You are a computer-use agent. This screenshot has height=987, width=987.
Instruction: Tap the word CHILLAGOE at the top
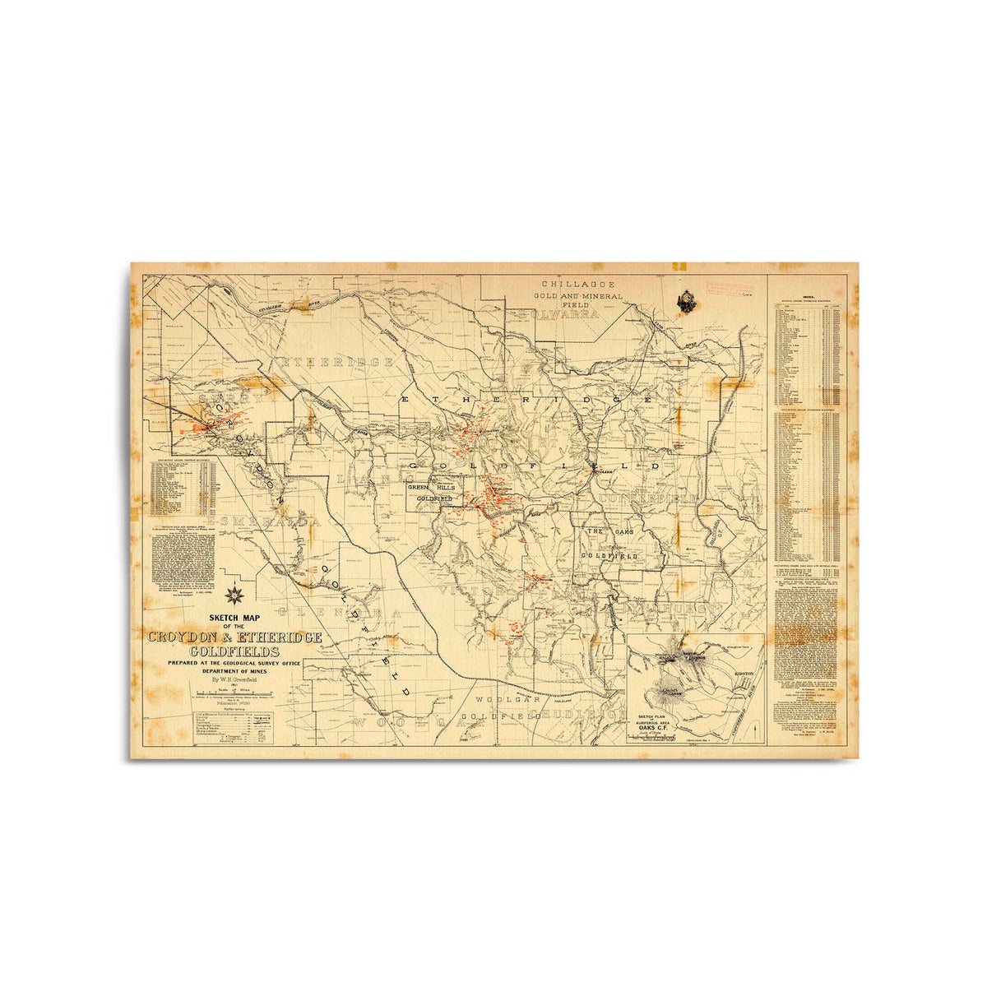pos(578,284)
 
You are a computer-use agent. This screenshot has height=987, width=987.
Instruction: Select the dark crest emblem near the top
pos(686,302)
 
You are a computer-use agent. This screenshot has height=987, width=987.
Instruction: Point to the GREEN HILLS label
pos(433,487)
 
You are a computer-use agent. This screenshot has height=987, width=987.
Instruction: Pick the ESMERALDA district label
pos(263,521)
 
